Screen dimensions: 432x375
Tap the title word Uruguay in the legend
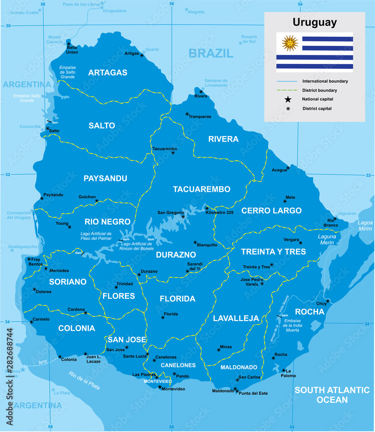pyautogui.click(x=314, y=22)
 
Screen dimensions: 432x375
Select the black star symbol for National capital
pyautogui.click(x=288, y=99)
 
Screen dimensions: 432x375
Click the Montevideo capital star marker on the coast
pyautogui.click(x=160, y=388)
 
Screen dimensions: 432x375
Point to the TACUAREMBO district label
pyautogui.click(x=202, y=189)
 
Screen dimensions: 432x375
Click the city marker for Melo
pyautogui.click(x=285, y=201)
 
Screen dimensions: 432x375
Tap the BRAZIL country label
pyautogui.click(x=211, y=54)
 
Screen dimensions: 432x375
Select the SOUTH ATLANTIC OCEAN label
pyautogui.click(x=332, y=395)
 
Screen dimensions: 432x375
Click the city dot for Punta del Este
pyautogui.click(x=235, y=389)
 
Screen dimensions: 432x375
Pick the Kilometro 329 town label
pyautogui.click(x=219, y=213)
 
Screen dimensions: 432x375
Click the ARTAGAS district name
pyautogui.click(x=108, y=73)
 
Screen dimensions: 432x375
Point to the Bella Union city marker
pyautogui.click(x=68, y=43)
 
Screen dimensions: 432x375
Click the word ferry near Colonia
pyautogui.click(x=42, y=362)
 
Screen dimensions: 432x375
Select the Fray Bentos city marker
pyautogui.click(x=29, y=259)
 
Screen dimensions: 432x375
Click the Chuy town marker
pyautogui.click(x=328, y=301)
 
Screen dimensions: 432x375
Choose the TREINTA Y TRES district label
pyautogui.click(x=267, y=251)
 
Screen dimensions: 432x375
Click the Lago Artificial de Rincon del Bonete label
pyautogui.click(x=137, y=246)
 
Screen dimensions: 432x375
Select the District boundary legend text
pyautogui.click(x=319, y=90)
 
